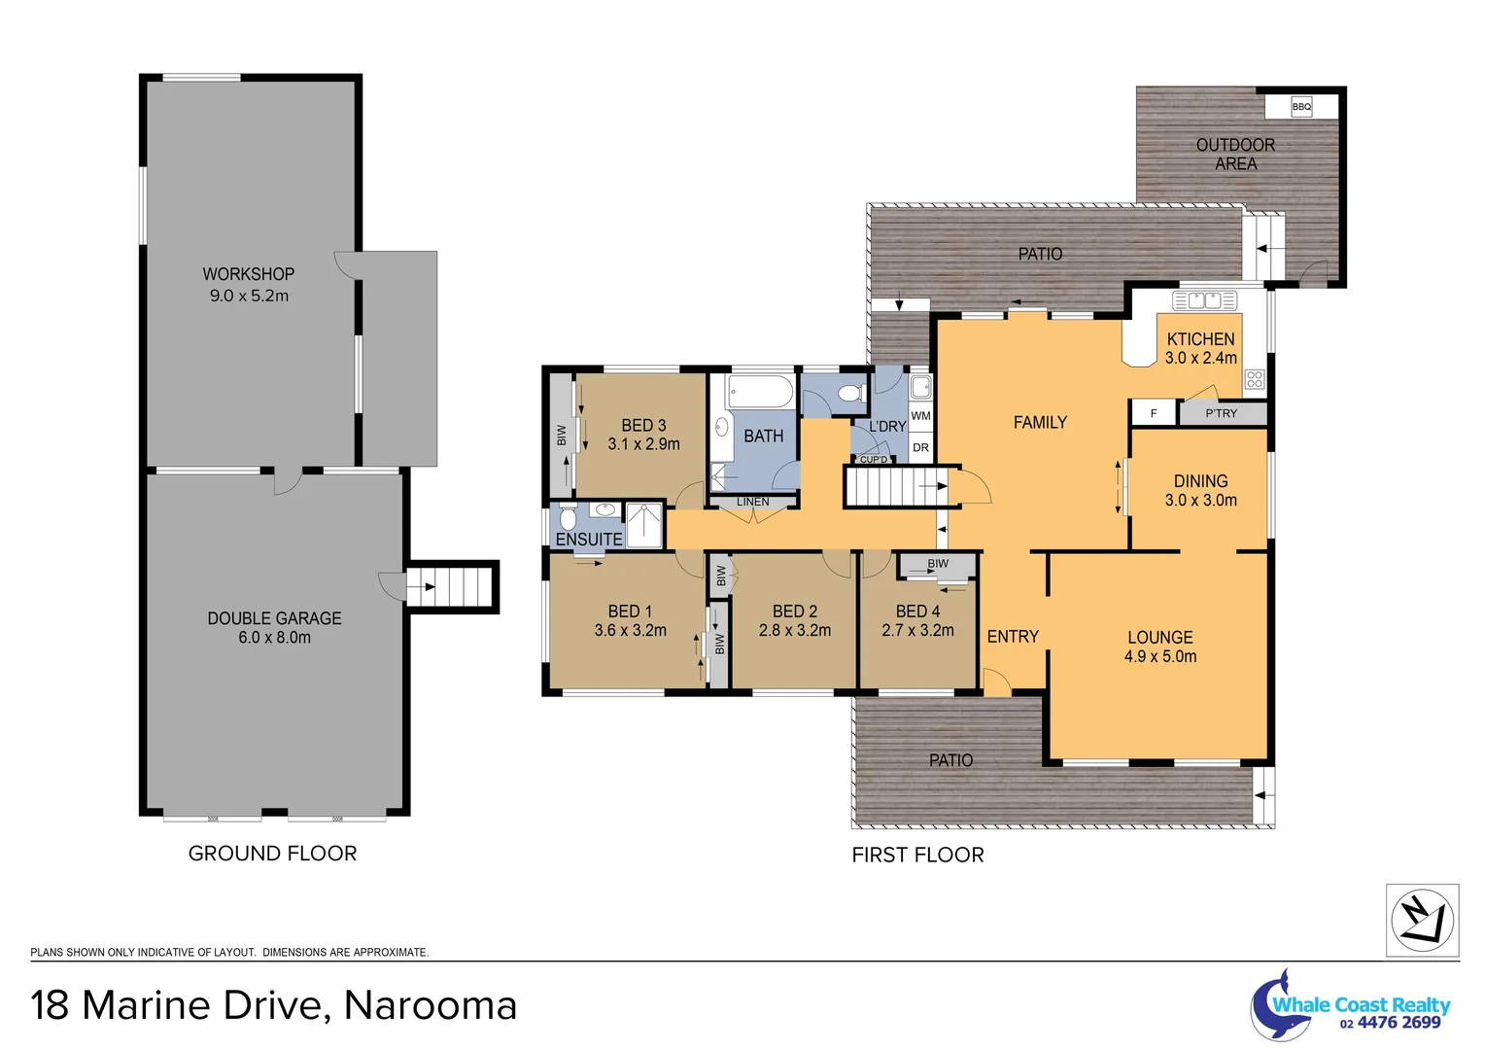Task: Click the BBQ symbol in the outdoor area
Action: (1301, 106)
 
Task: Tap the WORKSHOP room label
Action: (248, 274)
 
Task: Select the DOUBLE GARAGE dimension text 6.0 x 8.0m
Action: (274, 638)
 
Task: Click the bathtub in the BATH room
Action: (759, 394)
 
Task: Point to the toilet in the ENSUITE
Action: (568, 518)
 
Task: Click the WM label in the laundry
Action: (920, 416)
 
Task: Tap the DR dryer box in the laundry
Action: (920, 447)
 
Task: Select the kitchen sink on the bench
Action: (1205, 300)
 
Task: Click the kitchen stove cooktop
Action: (1255, 379)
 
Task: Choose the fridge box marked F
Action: (1154, 413)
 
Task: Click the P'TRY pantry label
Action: (1222, 413)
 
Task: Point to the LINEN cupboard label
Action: (752, 502)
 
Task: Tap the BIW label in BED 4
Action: (937, 564)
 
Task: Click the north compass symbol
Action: (1421, 919)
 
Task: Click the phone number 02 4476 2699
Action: (1390, 1023)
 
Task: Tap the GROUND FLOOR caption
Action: (272, 854)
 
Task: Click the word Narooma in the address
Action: (431, 1005)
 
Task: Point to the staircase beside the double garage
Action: (452, 586)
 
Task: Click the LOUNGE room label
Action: (1159, 638)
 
